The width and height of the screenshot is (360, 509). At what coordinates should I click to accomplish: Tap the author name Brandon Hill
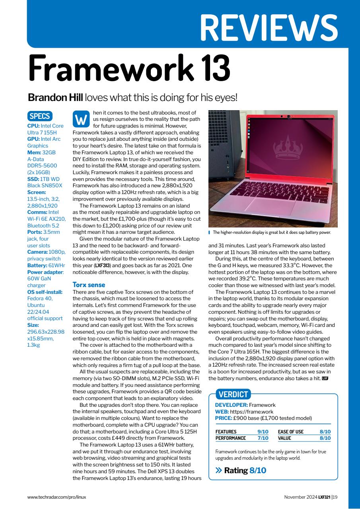tap(55, 97)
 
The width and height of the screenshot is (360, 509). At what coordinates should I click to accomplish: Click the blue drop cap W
tap(81, 119)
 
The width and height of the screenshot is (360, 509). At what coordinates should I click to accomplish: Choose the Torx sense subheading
tap(89, 285)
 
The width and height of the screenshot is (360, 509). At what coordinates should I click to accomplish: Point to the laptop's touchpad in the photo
tap(271, 203)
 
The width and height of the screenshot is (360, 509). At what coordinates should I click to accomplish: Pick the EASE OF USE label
tap(290, 432)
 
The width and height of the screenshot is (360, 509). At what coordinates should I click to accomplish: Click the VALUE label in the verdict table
tap(284, 438)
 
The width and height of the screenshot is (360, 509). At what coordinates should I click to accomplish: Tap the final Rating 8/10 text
tap(245, 470)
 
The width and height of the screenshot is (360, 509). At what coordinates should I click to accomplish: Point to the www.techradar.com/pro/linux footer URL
tap(56, 497)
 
